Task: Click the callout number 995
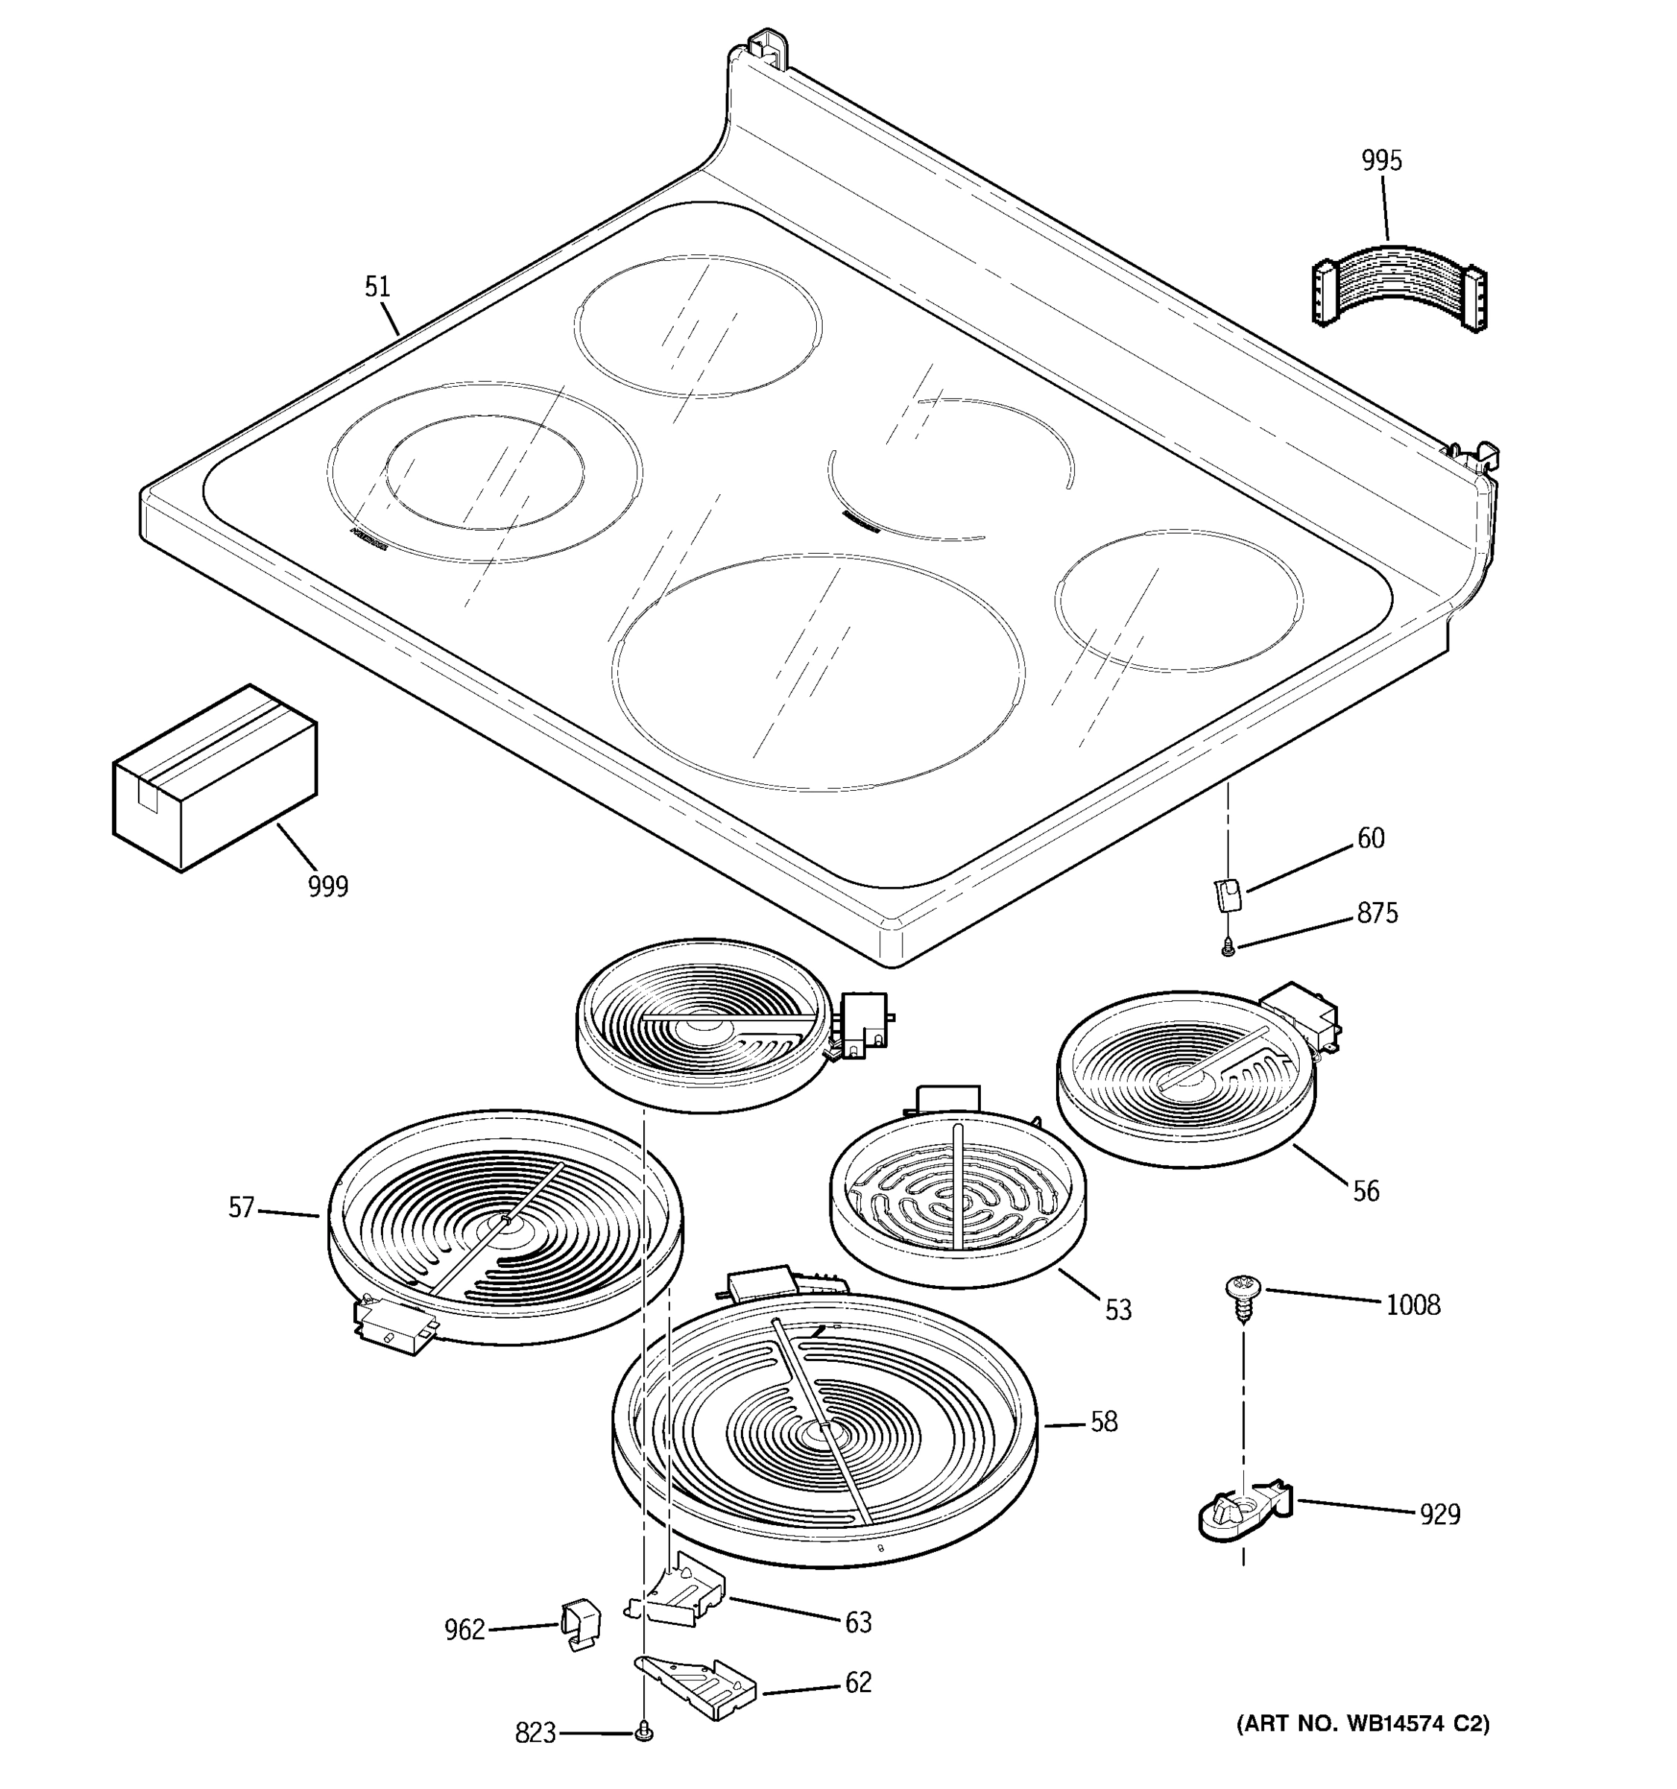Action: [1381, 161]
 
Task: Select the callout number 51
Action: [377, 287]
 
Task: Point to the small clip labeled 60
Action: [1227, 895]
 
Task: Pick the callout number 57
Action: [241, 1208]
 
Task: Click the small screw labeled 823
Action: [642, 1732]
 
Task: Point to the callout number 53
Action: [1117, 1310]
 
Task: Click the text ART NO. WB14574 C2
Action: [1363, 1724]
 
